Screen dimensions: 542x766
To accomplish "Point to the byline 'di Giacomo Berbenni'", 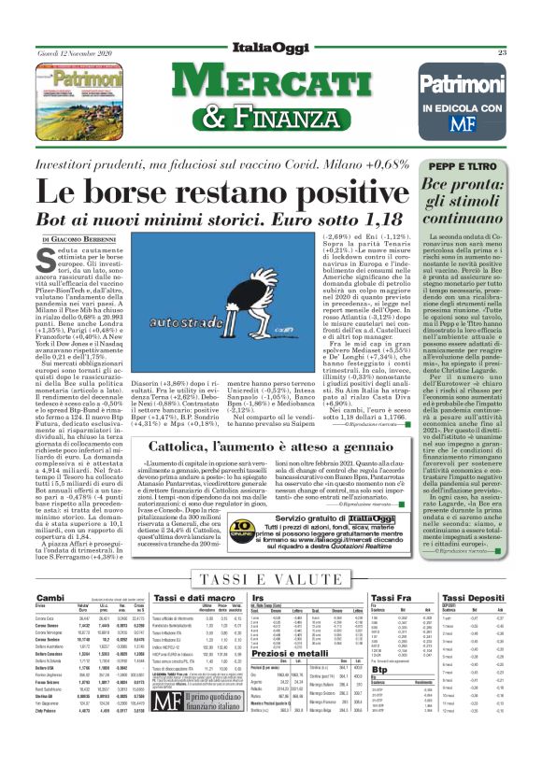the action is [91, 241].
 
